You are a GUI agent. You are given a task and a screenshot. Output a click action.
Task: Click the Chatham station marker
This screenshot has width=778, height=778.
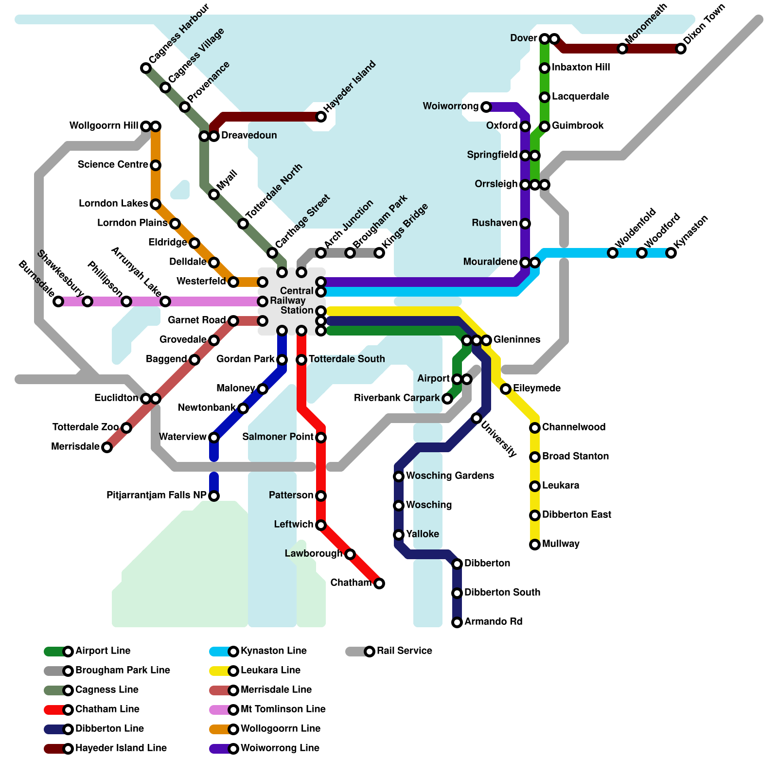pyautogui.click(x=379, y=583)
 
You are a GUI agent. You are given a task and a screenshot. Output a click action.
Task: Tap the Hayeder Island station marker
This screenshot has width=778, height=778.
pyautogui.click(x=321, y=117)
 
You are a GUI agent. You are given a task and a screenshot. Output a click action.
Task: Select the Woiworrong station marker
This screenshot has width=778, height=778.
pyautogui.click(x=486, y=107)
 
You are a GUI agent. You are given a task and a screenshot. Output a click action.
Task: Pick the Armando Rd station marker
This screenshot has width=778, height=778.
pyautogui.click(x=457, y=622)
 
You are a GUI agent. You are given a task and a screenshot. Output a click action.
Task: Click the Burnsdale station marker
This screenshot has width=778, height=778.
pyautogui.click(x=58, y=301)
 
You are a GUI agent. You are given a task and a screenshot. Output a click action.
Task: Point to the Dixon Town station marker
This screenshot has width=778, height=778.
pyautogui.click(x=681, y=49)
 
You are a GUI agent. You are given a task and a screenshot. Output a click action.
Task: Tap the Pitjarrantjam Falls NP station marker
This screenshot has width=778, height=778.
pyautogui.click(x=214, y=496)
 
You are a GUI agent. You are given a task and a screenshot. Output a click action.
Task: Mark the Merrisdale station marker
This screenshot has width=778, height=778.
pyautogui.click(x=107, y=447)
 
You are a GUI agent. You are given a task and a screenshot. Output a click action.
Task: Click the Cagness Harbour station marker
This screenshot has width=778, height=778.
pyautogui.click(x=146, y=68)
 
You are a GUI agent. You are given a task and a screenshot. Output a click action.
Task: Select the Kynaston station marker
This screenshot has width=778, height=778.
pyautogui.click(x=671, y=253)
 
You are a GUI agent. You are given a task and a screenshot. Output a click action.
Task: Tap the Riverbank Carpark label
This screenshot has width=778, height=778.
pyautogui.click(x=397, y=398)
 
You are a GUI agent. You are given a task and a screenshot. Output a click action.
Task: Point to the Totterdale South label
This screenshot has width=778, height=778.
pyautogui.click(x=347, y=359)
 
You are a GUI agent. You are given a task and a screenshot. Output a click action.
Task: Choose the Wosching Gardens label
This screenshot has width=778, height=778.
pyautogui.click(x=450, y=476)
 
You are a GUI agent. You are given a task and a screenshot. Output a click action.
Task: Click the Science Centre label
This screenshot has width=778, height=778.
pyautogui.click(x=113, y=165)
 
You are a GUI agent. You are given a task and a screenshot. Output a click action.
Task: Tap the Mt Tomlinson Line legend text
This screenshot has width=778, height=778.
pyautogui.click(x=283, y=709)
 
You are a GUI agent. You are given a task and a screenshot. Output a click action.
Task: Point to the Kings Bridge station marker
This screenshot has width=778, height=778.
pyautogui.click(x=379, y=253)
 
